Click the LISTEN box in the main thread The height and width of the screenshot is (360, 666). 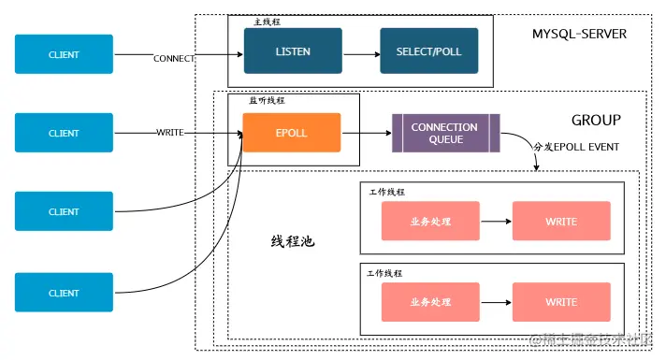pos(293,50)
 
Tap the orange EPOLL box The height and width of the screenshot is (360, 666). pos(292,133)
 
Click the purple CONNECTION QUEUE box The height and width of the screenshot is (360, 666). pos(445,133)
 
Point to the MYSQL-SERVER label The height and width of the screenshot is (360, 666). pos(579,35)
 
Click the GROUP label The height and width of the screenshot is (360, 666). pos(596,121)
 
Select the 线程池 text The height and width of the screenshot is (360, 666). pos(293,241)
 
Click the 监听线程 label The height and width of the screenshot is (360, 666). pos(267,99)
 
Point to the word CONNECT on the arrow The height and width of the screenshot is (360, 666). pos(174,59)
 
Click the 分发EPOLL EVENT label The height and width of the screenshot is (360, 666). pos(575,147)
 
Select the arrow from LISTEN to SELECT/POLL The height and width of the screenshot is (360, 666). pos(361,51)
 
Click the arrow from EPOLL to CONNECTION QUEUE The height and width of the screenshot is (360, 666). pos(366,133)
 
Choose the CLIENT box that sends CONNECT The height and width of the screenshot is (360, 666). pos(64,54)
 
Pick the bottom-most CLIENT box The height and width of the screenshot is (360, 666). pos(64,293)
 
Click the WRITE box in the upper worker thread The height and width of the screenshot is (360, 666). pos(561,222)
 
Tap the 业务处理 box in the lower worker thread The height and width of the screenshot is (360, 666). pos(430,302)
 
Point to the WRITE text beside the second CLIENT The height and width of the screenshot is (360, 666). pos(169,133)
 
